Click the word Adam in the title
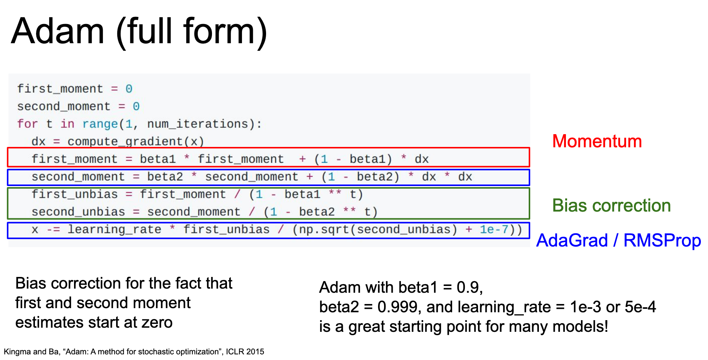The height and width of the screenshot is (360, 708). click(x=57, y=31)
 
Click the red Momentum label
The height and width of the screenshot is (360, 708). click(x=597, y=141)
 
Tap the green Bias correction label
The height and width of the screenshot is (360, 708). click(x=611, y=206)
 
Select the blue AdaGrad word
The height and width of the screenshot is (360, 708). click(x=572, y=241)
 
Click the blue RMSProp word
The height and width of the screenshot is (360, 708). click(x=662, y=241)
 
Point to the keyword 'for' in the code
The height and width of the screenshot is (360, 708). click(x=27, y=124)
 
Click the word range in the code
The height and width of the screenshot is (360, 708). click(x=100, y=124)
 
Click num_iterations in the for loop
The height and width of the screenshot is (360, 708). click(x=198, y=124)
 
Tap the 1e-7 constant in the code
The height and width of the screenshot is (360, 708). click(x=494, y=229)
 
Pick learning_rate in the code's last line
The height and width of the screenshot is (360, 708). click(x=114, y=230)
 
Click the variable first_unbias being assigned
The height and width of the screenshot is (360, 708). click(x=74, y=194)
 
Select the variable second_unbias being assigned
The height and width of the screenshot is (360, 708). click(x=78, y=212)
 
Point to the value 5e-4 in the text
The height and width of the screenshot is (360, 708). click(x=640, y=307)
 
